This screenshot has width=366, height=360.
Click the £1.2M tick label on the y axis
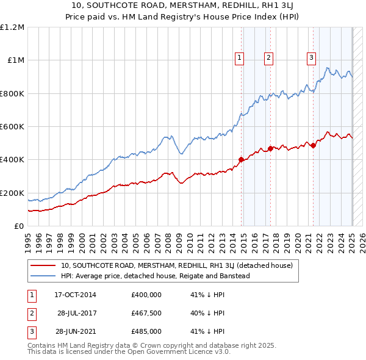click(12, 27)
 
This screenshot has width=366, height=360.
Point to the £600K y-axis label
click(12, 127)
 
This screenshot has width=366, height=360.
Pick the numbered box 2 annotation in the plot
click(268, 58)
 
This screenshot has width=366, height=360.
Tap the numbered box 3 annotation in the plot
click(311, 58)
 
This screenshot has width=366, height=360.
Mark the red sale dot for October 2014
click(241, 160)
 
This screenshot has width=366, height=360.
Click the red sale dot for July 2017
click(270, 148)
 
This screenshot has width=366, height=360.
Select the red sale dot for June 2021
click(313, 145)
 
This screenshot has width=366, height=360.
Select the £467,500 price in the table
click(146, 313)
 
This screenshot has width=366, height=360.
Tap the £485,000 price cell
click(146, 331)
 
